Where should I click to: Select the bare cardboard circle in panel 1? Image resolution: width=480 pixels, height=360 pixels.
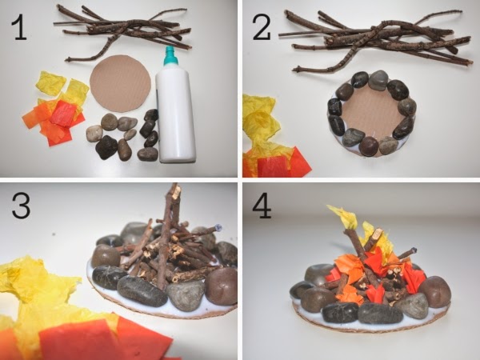coord(120,83)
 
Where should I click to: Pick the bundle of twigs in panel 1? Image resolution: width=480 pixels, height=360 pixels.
coord(122,32)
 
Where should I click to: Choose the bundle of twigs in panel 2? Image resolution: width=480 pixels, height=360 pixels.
coord(376,42)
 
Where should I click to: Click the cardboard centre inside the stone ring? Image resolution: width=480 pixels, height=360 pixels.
coord(370,115)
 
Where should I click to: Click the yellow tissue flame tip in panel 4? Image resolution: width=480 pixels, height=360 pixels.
coord(343,217)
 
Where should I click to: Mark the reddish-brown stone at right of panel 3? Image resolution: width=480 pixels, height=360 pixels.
coord(222,286)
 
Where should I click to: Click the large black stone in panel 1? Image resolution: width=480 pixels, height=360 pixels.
coord(106,147)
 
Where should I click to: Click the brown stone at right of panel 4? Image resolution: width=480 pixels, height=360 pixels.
coord(435,291)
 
